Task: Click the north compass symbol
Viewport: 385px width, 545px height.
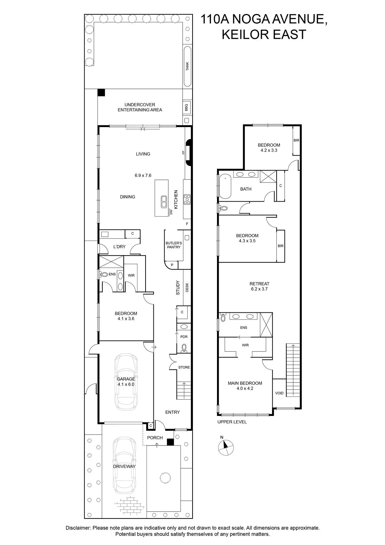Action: (x=225, y=447)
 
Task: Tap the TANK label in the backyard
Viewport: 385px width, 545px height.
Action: (x=187, y=66)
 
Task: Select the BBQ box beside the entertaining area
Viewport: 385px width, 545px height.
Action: (x=187, y=107)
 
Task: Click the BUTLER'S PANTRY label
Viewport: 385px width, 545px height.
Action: (x=174, y=245)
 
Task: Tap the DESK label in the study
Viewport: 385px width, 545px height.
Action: (x=187, y=287)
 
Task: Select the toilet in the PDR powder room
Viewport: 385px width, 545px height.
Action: (x=184, y=348)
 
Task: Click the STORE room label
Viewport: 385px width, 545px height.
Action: (x=184, y=368)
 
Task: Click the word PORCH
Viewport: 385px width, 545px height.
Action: (x=155, y=438)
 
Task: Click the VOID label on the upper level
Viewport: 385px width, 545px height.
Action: (x=279, y=393)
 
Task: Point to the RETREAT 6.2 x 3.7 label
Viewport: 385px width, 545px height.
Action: (x=260, y=286)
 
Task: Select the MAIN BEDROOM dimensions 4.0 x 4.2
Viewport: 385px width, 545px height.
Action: (x=245, y=389)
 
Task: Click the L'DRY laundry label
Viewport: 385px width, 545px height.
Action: (x=119, y=247)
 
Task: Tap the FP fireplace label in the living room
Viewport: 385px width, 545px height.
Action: (x=183, y=153)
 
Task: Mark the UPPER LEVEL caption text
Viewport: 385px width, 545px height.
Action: (x=232, y=422)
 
